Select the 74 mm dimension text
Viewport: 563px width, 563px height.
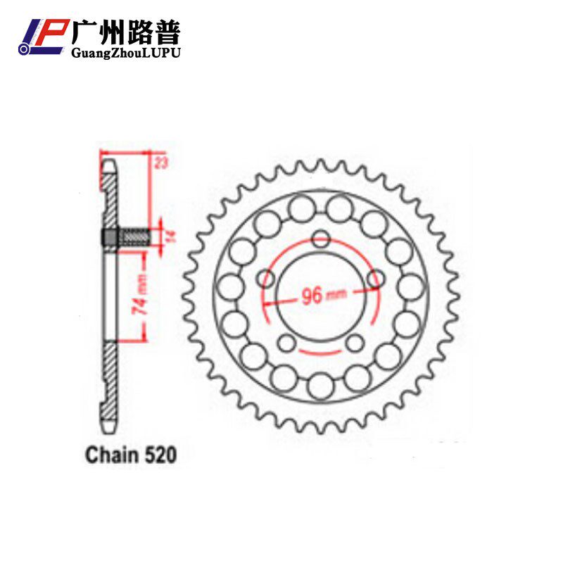coord(140,294)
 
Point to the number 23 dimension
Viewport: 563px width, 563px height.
coord(160,163)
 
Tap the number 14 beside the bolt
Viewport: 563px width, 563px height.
coord(171,236)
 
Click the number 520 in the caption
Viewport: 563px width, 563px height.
coord(160,455)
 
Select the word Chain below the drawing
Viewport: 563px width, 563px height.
coord(112,455)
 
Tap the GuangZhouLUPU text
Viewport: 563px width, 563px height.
coord(126,53)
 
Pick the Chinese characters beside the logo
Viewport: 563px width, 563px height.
coord(126,32)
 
